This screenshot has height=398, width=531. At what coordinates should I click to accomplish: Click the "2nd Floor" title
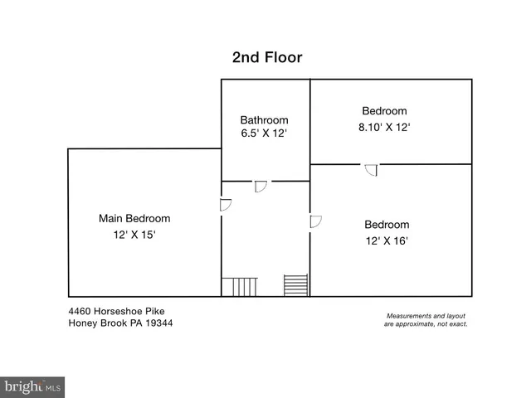pos(266,57)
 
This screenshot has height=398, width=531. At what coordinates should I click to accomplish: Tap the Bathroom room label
pos(265,119)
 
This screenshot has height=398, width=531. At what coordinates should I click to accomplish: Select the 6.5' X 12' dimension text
pos(265,133)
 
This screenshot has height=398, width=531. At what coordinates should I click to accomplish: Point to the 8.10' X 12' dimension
pos(384,128)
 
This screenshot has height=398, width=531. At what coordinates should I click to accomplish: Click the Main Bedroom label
pos(134,219)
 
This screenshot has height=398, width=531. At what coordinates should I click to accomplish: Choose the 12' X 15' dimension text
pos(134,235)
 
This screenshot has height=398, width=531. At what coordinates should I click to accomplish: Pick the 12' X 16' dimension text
pos(387,241)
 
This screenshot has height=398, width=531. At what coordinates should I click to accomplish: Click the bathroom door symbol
pos(260,186)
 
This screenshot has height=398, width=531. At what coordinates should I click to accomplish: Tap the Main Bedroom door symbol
pos(226,205)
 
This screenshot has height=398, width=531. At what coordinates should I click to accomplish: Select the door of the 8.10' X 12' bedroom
pos(371,170)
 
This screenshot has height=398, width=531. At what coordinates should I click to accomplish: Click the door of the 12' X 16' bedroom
pos(315,221)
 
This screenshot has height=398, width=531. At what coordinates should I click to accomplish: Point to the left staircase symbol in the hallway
pos(241,287)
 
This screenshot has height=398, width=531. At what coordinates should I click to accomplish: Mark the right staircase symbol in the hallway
pos(296,285)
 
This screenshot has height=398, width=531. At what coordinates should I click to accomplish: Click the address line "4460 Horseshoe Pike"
pos(116,311)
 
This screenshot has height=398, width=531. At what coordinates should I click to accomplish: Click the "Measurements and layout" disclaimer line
pos(426,316)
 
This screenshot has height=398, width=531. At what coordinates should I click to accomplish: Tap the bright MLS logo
pos(32,387)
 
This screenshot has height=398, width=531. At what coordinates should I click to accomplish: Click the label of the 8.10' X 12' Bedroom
pos(384,111)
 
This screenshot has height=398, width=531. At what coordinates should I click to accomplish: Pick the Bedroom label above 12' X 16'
pos(387,225)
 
